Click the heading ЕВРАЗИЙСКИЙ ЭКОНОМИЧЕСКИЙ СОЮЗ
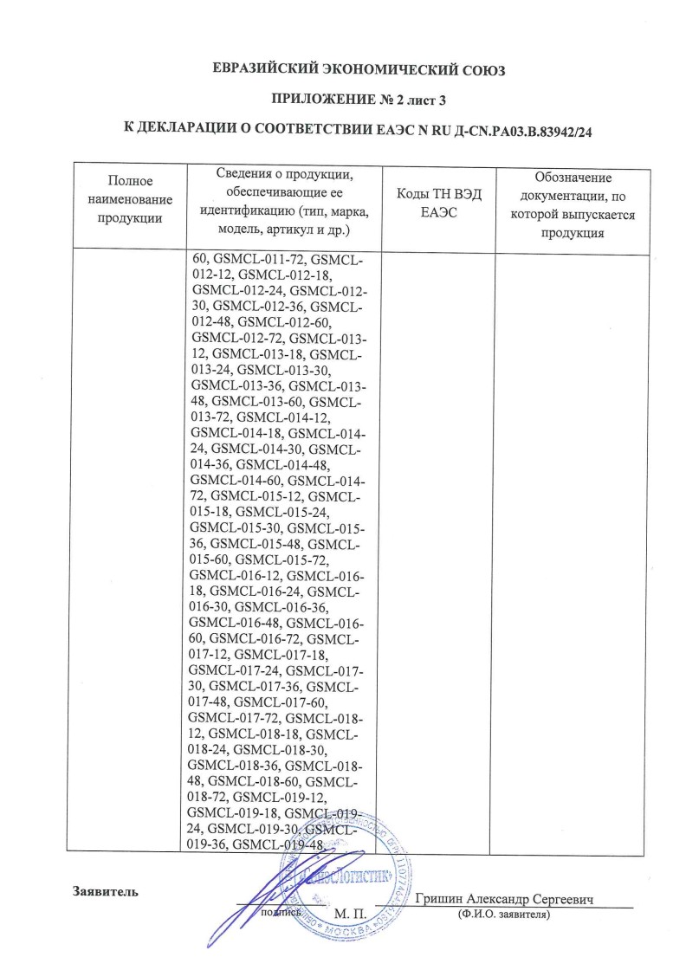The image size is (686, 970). (358, 69)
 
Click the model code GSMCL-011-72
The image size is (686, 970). (259, 258)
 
